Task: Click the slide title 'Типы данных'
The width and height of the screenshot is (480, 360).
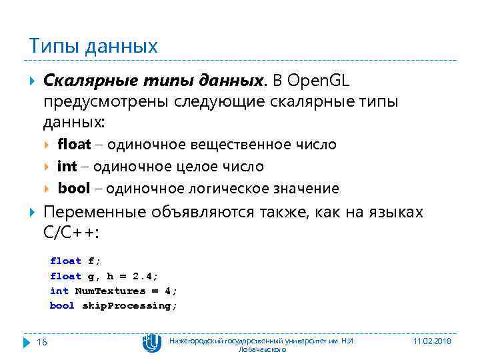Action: coord(93,46)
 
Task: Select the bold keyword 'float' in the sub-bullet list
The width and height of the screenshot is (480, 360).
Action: coord(74,145)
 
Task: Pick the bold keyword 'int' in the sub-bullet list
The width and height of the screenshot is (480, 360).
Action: coord(67,166)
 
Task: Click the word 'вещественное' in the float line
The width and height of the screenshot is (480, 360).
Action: coord(253,145)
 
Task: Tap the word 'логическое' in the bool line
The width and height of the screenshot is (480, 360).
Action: coord(221,188)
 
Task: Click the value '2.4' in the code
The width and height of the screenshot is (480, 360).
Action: coord(143,276)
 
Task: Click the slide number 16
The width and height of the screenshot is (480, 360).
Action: coord(41,341)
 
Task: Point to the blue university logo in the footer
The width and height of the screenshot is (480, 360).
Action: coord(152,343)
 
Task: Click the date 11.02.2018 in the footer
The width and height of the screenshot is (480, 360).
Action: coord(432,341)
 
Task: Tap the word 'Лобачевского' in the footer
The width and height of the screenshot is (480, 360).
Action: coord(262,349)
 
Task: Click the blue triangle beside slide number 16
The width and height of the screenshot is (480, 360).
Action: coord(27,341)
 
